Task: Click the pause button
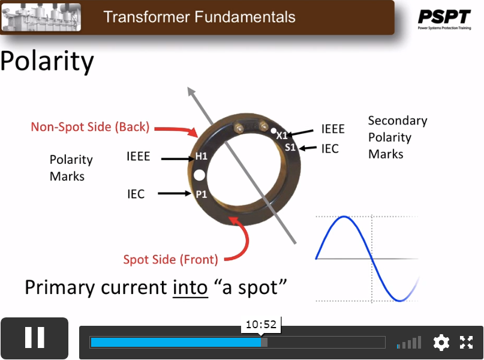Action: click(x=35, y=338)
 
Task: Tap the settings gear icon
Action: click(x=441, y=343)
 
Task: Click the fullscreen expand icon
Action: click(x=466, y=343)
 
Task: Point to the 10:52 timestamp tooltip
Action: click(x=261, y=325)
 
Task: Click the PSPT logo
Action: click(x=444, y=19)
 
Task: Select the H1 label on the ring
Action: click(x=202, y=157)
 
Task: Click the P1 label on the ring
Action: click(x=202, y=194)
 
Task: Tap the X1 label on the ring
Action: click(x=282, y=136)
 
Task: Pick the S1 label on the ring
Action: click(x=290, y=148)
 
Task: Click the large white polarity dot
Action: click(x=199, y=175)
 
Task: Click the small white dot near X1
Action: click(x=273, y=131)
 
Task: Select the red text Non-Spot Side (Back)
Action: click(x=90, y=127)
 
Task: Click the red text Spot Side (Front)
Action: click(x=171, y=260)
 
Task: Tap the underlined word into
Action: click(x=190, y=288)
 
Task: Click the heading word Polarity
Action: click(x=47, y=61)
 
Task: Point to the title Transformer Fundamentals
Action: click(x=199, y=17)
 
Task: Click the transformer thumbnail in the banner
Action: click(x=41, y=17)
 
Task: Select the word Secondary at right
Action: click(x=398, y=121)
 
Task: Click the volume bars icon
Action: click(x=409, y=343)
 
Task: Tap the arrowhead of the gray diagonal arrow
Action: click(x=191, y=91)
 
